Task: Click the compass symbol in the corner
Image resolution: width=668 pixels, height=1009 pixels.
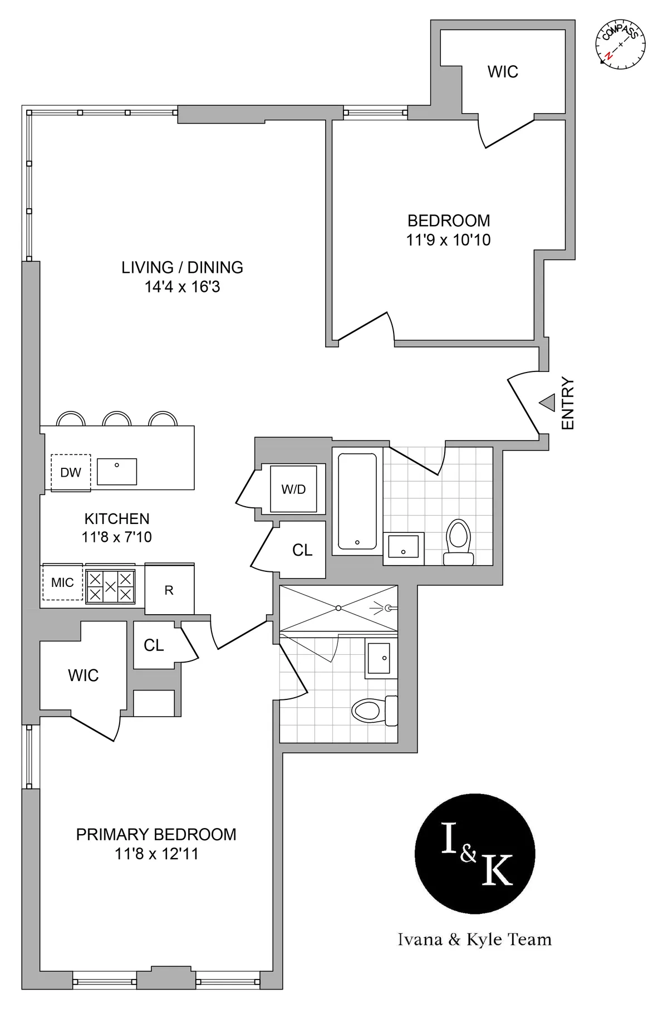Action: (x=621, y=45)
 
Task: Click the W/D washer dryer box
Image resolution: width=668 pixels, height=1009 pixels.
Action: (x=293, y=489)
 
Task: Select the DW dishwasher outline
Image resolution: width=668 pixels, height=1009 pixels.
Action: (x=71, y=472)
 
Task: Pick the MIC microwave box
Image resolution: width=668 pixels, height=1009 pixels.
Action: (x=62, y=582)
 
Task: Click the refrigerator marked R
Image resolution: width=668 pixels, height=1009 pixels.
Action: (x=169, y=590)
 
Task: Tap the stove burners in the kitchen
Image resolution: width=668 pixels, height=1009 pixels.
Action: (x=110, y=586)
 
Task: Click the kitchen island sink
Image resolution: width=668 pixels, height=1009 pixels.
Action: (x=117, y=472)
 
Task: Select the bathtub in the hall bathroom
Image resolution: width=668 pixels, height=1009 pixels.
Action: (x=357, y=501)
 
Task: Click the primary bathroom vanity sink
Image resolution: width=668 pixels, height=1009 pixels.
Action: (x=380, y=658)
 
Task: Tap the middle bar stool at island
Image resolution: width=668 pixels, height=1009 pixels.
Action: (x=117, y=419)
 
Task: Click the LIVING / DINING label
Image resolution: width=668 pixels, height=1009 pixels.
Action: (x=182, y=267)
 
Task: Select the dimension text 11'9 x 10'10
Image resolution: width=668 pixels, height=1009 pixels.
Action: (x=448, y=240)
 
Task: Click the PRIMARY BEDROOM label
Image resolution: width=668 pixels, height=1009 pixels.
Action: (x=156, y=834)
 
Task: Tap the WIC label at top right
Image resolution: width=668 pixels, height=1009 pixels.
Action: (x=503, y=72)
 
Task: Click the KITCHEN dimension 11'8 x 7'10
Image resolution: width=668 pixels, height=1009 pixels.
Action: (x=117, y=537)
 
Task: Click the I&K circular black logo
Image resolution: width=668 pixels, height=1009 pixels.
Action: (x=475, y=854)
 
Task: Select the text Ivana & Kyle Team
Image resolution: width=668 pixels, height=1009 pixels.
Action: (x=475, y=939)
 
